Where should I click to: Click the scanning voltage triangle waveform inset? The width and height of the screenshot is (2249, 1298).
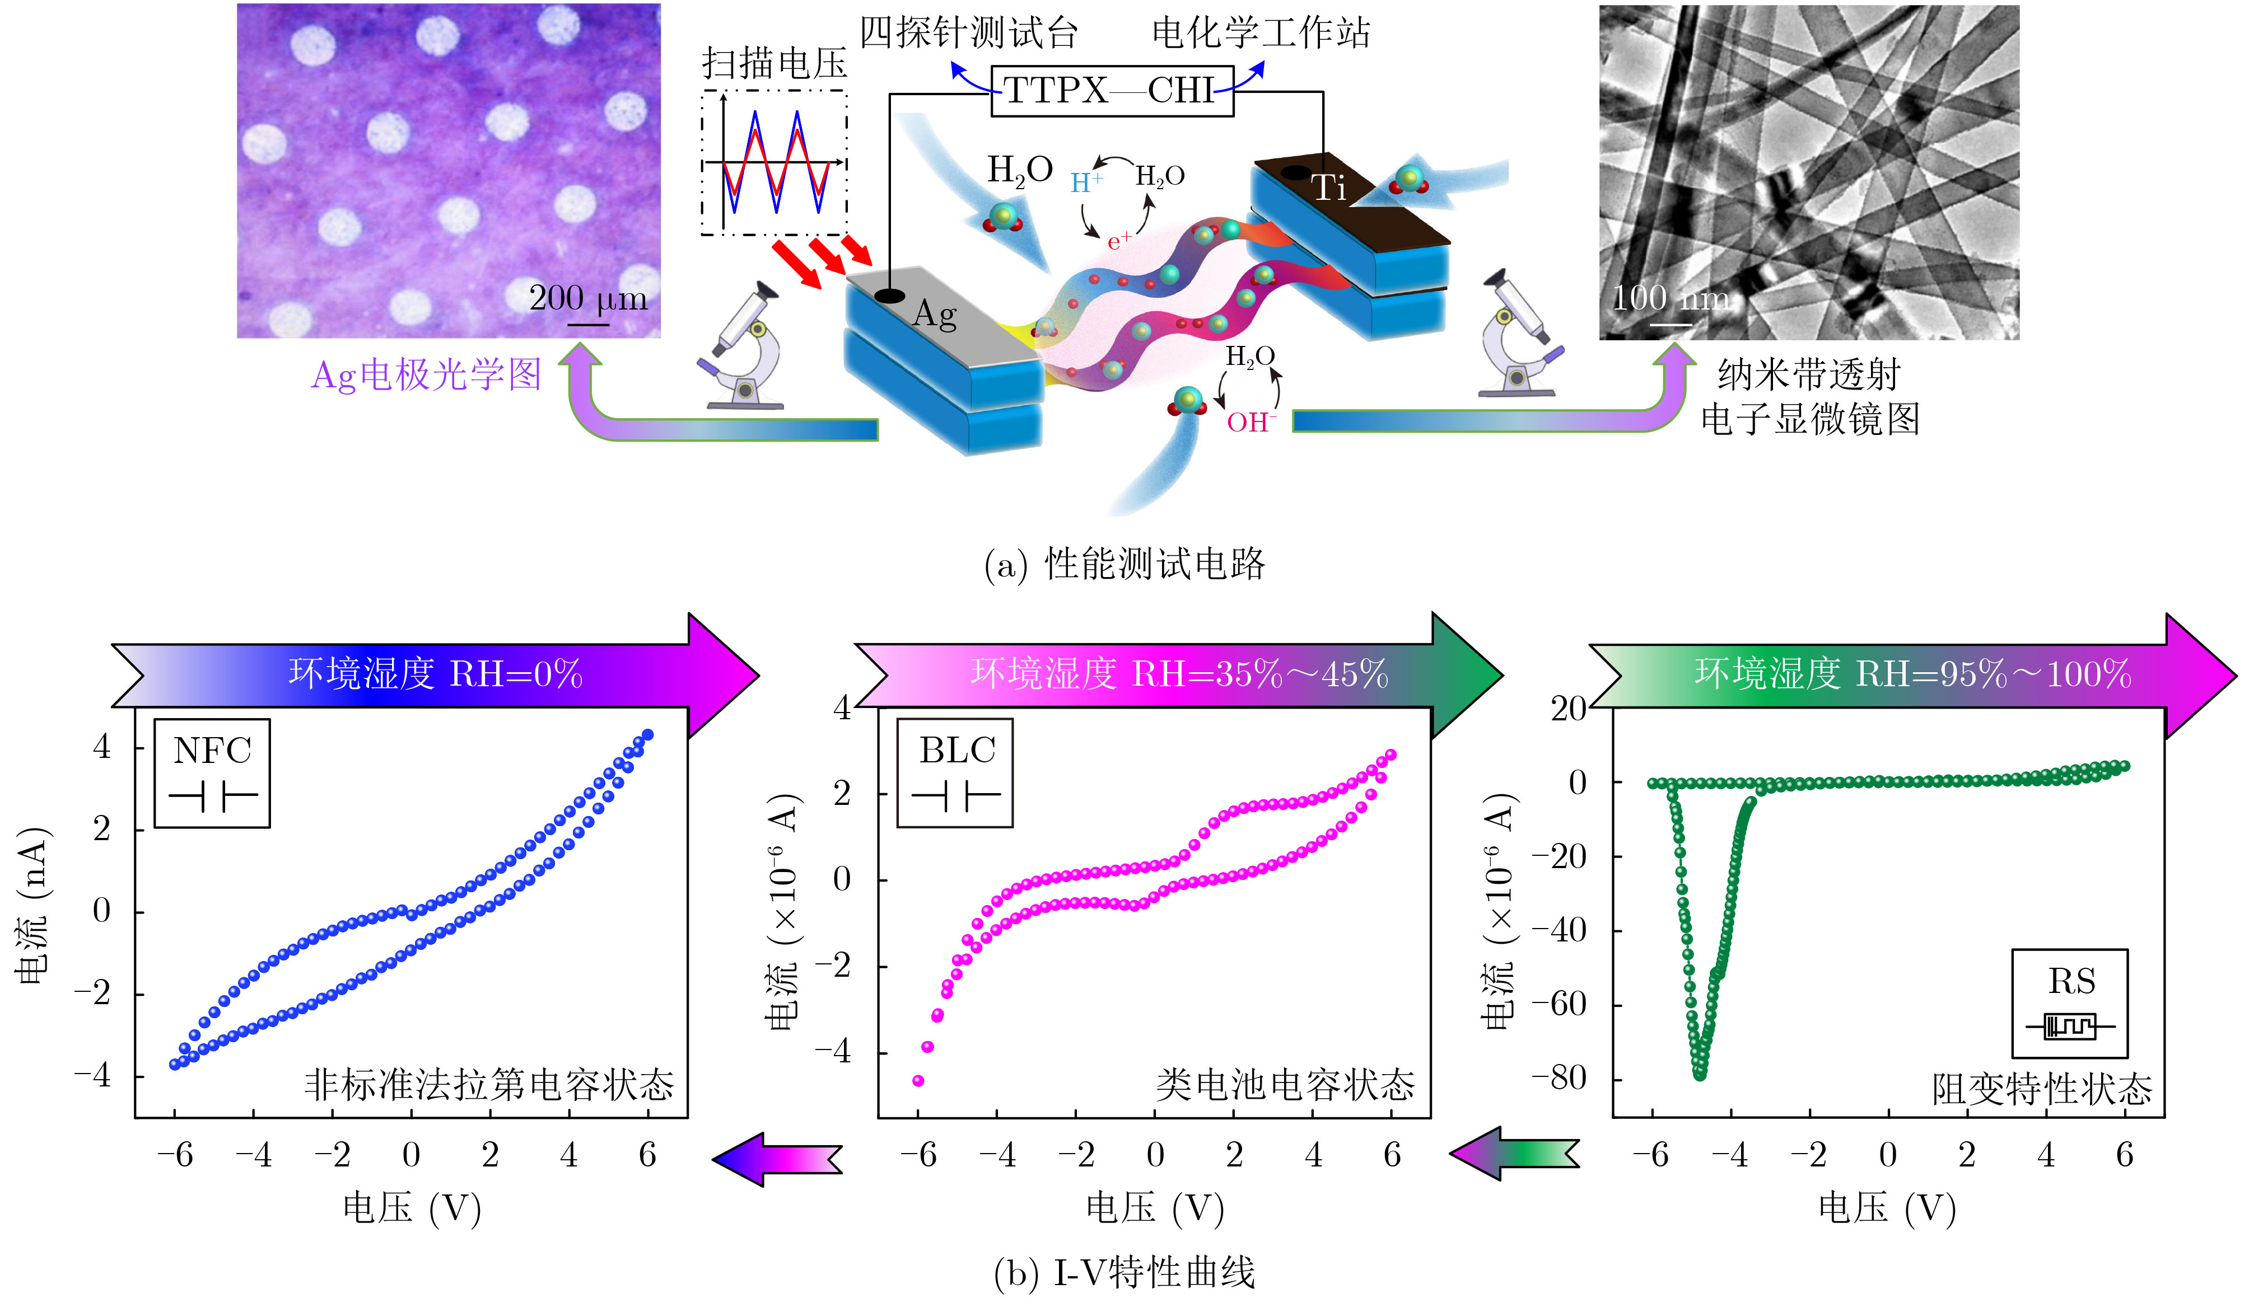(774, 162)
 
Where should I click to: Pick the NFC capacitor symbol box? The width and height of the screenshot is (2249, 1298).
(212, 773)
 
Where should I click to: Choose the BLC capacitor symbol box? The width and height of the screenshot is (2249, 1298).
(955, 773)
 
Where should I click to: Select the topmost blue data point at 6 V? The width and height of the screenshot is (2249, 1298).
(648, 734)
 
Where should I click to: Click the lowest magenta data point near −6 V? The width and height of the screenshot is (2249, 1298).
(918, 1080)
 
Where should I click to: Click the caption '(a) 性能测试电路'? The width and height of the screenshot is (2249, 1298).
(1124, 564)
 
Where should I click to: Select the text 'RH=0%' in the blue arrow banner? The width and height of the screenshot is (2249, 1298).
(516, 674)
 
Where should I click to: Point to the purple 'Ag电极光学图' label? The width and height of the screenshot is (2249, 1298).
(426, 374)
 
